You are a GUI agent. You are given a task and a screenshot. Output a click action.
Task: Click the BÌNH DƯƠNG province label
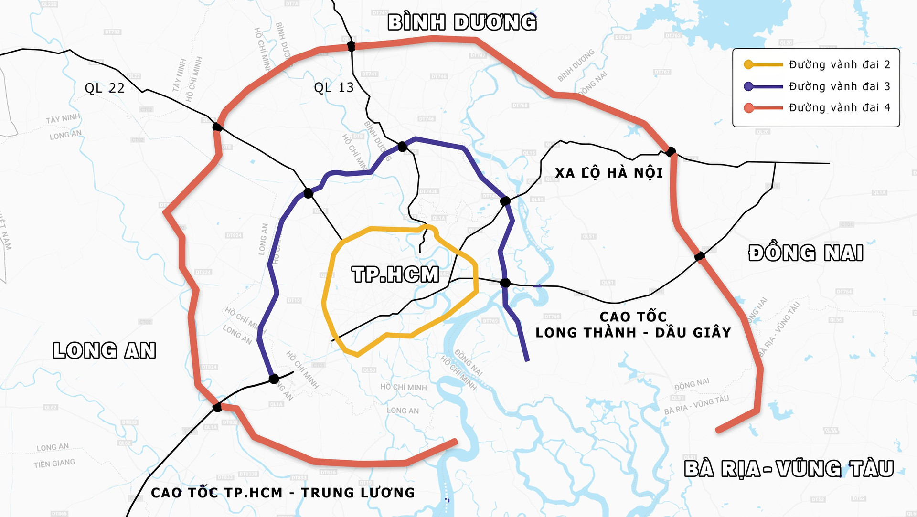click(462, 22)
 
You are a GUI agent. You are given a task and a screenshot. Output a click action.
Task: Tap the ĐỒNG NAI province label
click(806, 253)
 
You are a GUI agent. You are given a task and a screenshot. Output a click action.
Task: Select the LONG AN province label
click(104, 350)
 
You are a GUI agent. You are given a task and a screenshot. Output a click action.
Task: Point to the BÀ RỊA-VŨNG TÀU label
click(789, 469)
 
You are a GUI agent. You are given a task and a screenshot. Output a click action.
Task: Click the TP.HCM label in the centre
click(395, 274)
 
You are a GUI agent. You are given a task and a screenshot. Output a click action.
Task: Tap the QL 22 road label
click(105, 88)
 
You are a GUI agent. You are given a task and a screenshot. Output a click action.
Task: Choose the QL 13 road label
click(334, 88)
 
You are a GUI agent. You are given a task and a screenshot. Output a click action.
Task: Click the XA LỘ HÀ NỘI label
click(609, 173)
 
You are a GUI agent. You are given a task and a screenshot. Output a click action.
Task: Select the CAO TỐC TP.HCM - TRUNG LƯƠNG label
click(283, 493)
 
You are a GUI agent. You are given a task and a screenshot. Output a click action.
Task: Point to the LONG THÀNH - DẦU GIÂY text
click(633, 332)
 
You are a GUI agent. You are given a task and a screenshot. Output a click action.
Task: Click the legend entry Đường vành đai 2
click(839, 65)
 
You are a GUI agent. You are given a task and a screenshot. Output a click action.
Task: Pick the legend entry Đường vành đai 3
click(839, 86)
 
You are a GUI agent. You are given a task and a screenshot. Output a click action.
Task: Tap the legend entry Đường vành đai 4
click(839, 108)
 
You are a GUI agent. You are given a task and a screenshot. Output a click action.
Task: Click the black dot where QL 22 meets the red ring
click(217, 127)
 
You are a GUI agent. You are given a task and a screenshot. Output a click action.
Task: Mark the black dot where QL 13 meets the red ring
click(351, 46)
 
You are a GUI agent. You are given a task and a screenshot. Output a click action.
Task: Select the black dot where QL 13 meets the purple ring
click(403, 147)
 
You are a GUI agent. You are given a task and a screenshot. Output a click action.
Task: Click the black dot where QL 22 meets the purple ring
click(308, 193)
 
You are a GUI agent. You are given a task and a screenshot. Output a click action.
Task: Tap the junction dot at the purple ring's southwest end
click(274, 379)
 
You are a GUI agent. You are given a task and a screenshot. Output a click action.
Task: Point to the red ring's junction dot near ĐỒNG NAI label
click(700, 256)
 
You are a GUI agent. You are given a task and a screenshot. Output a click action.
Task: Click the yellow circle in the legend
click(749, 65)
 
